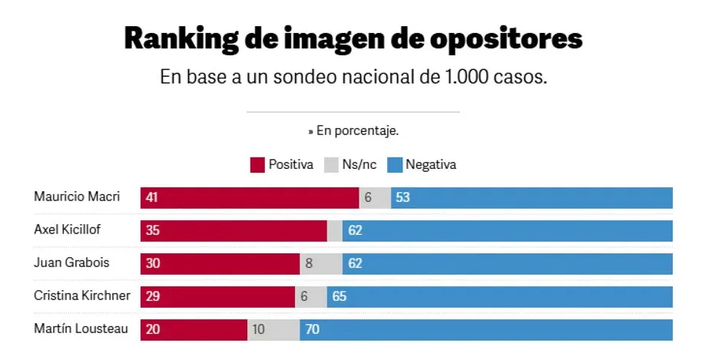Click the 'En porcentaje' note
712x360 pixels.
coord(353,131)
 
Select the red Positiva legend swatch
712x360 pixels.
coord(258,165)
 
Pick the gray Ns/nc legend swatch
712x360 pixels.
coord(332,165)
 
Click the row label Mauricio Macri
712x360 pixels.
coord(77,197)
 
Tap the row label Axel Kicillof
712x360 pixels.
coord(68,230)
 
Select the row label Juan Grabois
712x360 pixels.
coord(71,263)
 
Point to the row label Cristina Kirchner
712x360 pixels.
coord(82,296)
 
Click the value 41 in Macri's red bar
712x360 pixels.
coord(151,197)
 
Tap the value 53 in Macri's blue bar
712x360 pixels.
coord(402,197)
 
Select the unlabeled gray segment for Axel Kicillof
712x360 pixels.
coord(335,230)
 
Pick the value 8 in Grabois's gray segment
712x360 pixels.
coord(310,263)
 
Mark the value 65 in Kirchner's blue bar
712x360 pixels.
coord(339,296)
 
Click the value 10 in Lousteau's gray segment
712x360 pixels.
coord(258,329)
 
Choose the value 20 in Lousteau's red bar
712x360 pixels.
coord(151,329)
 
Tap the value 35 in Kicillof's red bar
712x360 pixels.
coord(151,230)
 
